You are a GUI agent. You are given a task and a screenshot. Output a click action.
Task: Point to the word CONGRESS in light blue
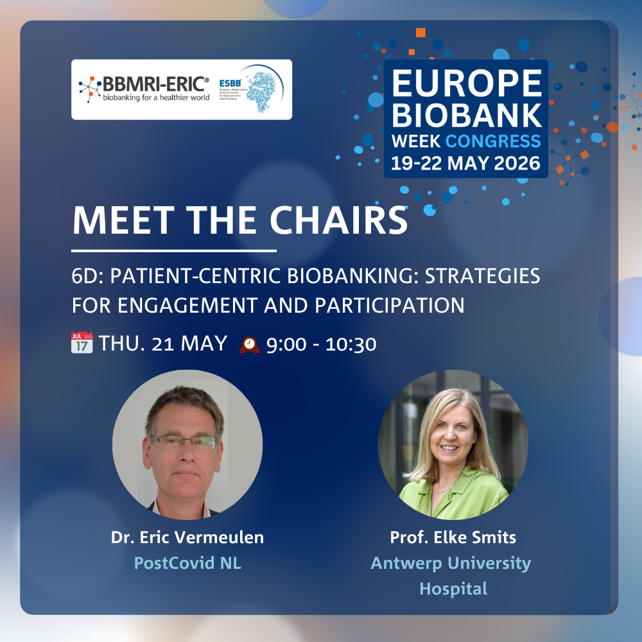(502, 141)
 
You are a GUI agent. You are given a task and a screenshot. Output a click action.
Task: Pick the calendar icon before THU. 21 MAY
(82, 343)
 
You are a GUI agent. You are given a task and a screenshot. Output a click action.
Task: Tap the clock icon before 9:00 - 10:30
(249, 345)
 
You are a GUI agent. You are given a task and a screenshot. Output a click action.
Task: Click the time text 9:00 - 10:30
(321, 345)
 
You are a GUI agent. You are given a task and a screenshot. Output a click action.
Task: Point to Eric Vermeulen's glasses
(184, 443)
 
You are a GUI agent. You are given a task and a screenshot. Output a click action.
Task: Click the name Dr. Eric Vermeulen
(187, 537)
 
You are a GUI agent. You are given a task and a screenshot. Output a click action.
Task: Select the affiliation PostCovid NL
(187, 563)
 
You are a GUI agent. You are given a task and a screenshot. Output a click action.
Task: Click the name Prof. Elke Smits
(453, 537)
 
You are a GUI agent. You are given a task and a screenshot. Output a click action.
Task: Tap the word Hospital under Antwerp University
(453, 588)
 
